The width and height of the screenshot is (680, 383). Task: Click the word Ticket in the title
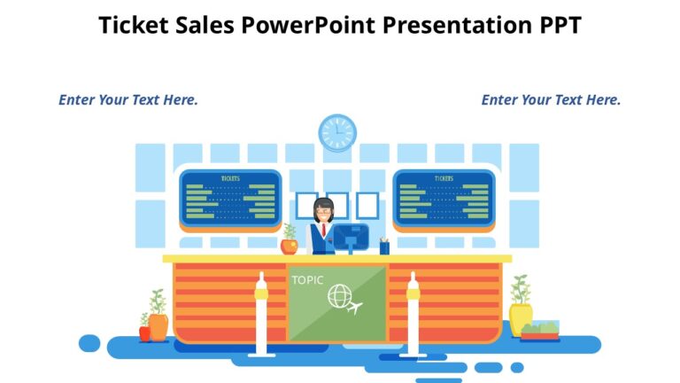click(x=134, y=25)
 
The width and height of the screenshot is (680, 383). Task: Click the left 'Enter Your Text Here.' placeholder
click(x=128, y=100)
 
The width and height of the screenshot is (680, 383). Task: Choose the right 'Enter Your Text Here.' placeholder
click(x=551, y=100)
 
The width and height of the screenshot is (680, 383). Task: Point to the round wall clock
click(x=337, y=133)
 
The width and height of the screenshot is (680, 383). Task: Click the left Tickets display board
click(x=230, y=198)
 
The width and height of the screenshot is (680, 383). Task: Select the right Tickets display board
click(x=444, y=198)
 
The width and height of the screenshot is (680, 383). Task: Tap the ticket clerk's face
click(x=323, y=212)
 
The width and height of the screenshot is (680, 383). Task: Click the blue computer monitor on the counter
click(x=351, y=237)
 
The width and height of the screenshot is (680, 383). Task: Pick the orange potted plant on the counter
click(x=290, y=241)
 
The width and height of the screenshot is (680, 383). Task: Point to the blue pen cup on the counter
click(x=384, y=246)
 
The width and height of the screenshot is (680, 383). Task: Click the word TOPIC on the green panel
click(x=307, y=280)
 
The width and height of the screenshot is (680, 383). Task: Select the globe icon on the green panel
click(x=339, y=297)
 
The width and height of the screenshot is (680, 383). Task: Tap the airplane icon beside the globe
click(x=356, y=309)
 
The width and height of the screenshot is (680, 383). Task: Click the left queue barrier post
click(x=261, y=315)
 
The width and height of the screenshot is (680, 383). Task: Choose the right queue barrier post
click(x=413, y=315)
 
